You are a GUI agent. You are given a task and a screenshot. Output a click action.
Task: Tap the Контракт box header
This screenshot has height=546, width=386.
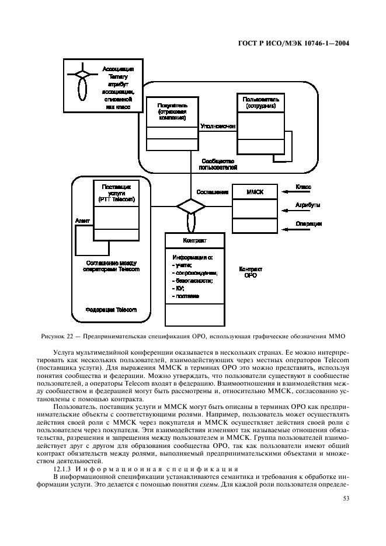tap(194, 240)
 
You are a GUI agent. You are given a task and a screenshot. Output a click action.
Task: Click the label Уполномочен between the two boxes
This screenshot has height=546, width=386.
tap(217, 125)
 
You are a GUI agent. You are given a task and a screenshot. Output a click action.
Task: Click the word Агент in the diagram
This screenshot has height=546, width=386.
tap(82, 221)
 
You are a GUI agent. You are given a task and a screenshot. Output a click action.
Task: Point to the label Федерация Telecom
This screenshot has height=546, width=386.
tap(111, 310)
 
